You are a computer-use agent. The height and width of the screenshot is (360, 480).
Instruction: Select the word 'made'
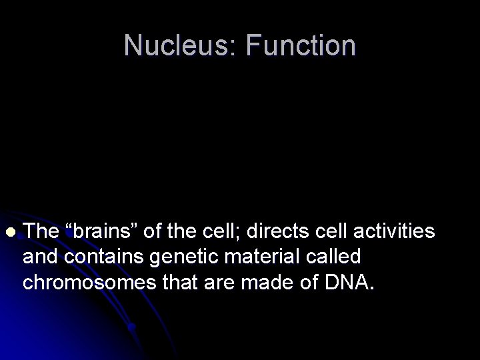coord(268,282)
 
